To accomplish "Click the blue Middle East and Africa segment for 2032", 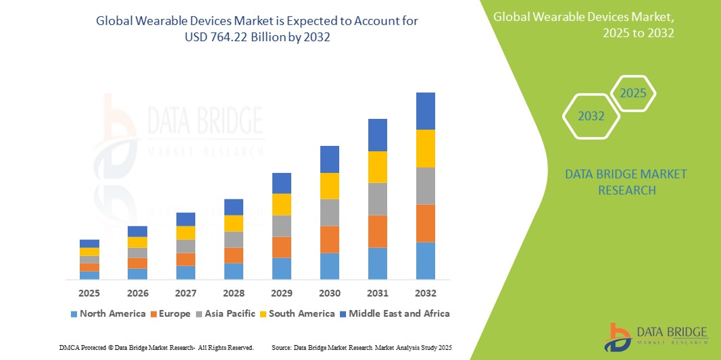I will (x=425, y=111).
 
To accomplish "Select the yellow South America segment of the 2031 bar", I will (x=377, y=167).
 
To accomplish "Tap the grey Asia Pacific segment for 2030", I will (x=329, y=212).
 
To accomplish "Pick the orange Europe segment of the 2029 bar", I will (x=281, y=247).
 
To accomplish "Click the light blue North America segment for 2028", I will (x=233, y=271).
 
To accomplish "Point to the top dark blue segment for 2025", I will (x=89, y=243).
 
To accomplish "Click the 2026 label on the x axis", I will (x=137, y=293).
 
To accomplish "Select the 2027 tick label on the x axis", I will (x=185, y=293).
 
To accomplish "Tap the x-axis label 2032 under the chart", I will (x=425, y=293).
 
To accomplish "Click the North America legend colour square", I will (x=73, y=314).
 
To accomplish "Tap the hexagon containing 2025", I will (x=633, y=93).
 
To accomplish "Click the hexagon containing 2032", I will (x=591, y=116).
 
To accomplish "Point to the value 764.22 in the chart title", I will (x=234, y=37).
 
